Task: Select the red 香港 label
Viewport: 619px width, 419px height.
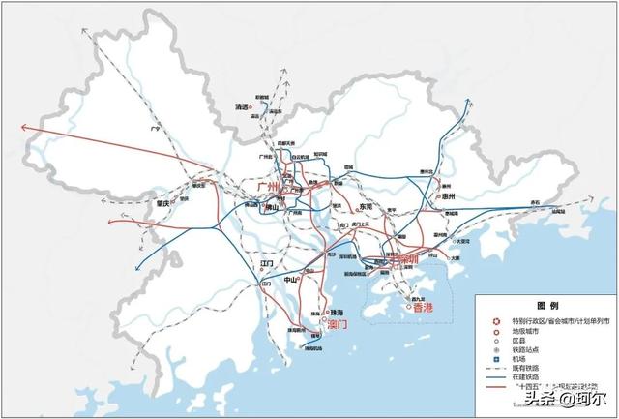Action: pyautogui.click(x=424, y=308)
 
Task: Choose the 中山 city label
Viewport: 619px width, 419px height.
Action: pyautogui.click(x=291, y=280)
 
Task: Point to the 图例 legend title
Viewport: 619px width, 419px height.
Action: pyautogui.click(x=549, y=305)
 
